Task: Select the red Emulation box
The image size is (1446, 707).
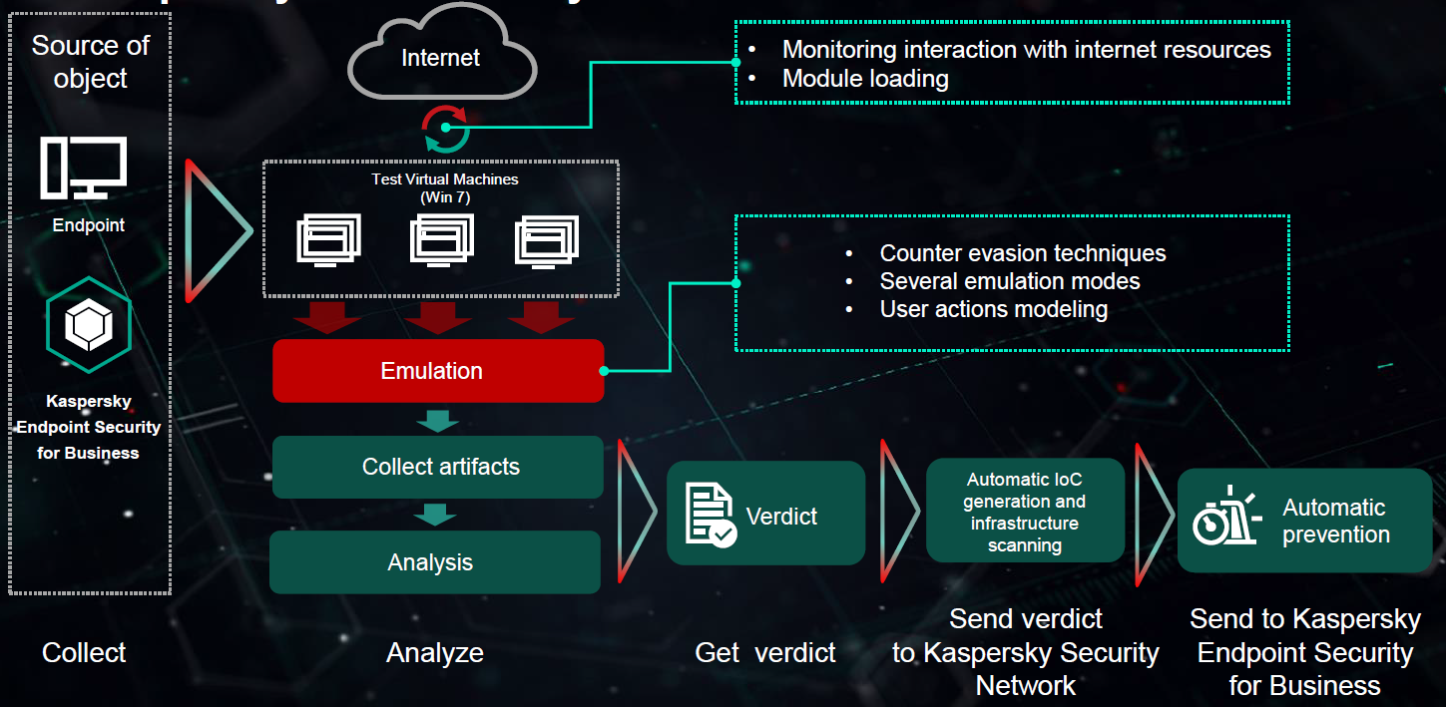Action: click(x=438, y=371)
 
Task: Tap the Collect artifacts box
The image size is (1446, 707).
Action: click(x=438, y=467)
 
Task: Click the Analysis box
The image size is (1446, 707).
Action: click(x=434, y=562)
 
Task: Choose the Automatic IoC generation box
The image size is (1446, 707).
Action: click(x=1025, y=512)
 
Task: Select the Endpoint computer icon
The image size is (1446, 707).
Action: click(x=84, y=167)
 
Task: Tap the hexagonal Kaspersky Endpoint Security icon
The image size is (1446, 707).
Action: click(x=89, y=325)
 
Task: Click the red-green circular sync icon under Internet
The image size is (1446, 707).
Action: click(x=444, y=128)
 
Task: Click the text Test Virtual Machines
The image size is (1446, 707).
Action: click(x=445, y=179)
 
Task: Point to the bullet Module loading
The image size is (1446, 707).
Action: click(x=864, y=78)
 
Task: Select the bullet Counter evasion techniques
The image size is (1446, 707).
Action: click(x=1022, y=253)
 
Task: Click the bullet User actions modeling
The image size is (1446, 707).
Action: click(x=993, y=309)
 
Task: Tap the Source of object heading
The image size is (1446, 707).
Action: click(x=90, y=62)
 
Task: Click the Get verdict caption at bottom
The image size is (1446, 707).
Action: click(x=765, y=653)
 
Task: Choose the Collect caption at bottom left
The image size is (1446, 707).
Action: click(x=84, y=653)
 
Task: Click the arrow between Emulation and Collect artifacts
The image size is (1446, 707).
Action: click(x=436, y=420)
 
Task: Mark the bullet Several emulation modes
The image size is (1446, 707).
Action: click(x=1009, y=281)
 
